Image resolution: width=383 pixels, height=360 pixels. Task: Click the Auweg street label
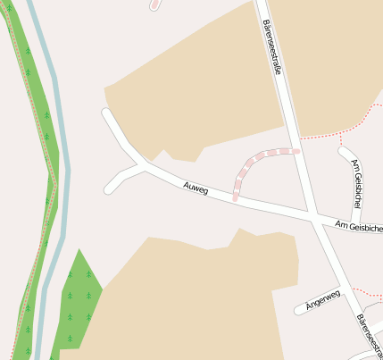click(195, 188)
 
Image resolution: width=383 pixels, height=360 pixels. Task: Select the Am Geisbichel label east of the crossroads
click(358, 227)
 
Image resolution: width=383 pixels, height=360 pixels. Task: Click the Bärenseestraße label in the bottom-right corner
click(367, 336)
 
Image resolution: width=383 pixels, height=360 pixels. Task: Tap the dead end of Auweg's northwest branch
click(106, 113)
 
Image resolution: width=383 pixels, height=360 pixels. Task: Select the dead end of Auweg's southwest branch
click(109, 188)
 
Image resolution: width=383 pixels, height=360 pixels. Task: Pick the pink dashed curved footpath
click(254, 161)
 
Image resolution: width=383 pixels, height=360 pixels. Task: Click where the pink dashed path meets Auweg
click(236, 197)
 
